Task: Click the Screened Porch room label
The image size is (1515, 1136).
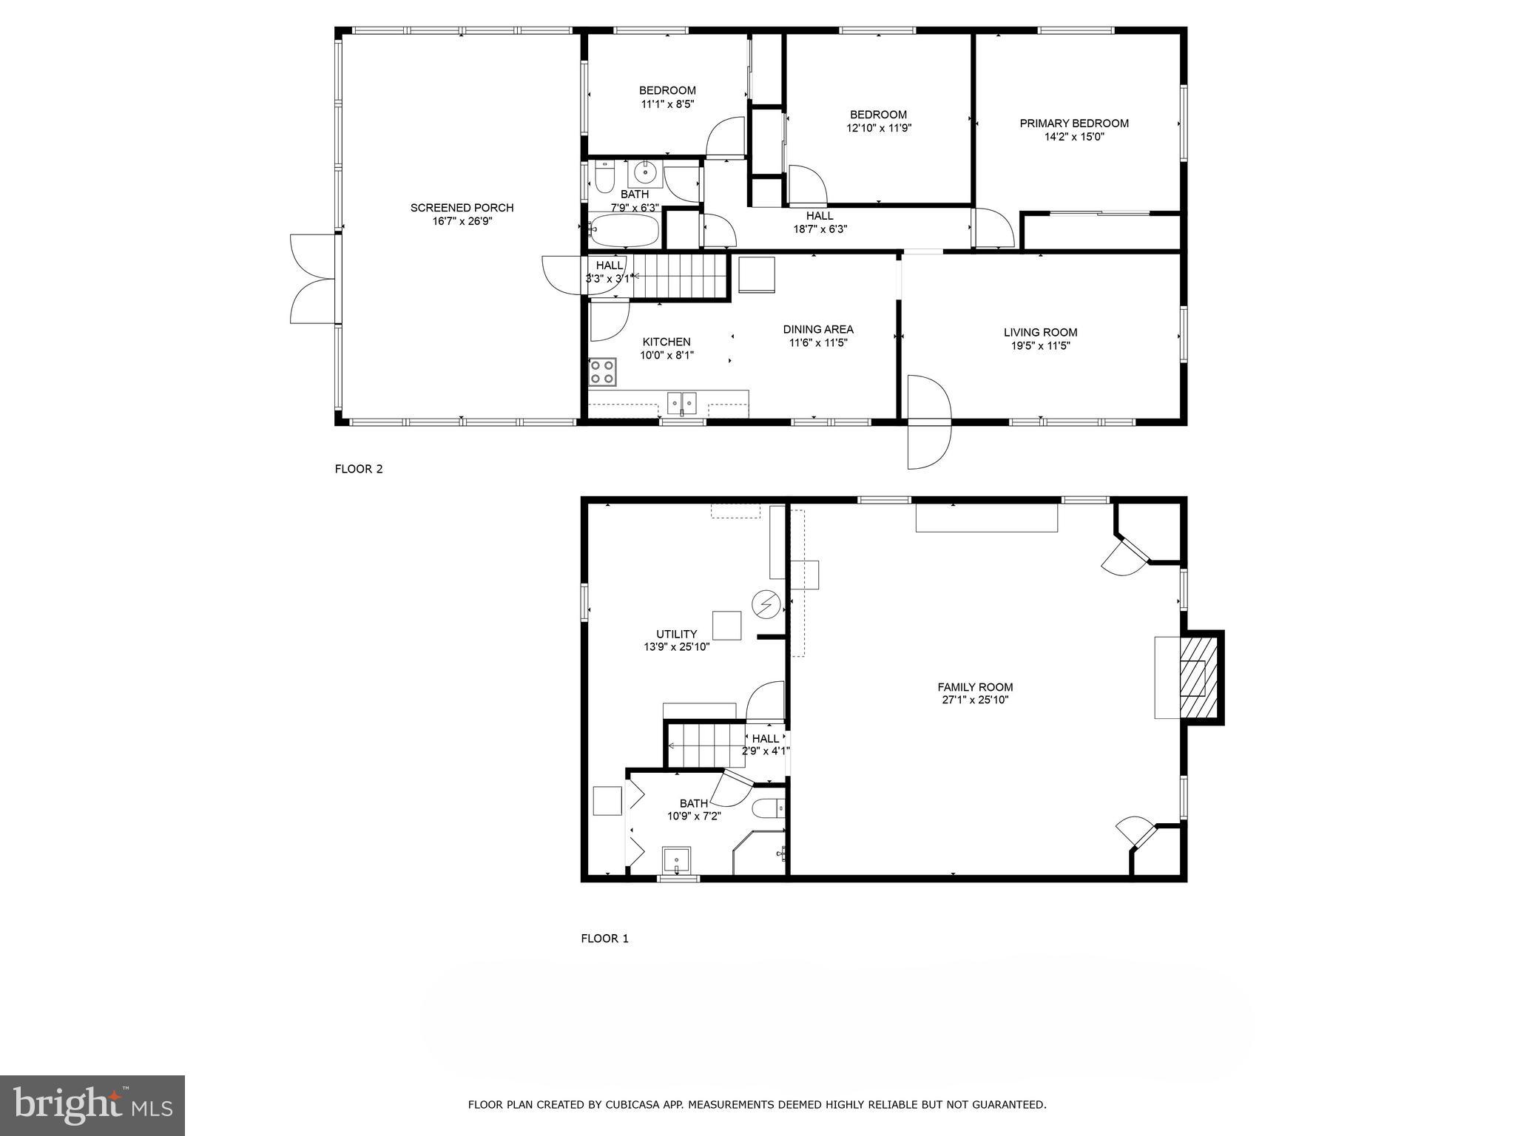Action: point(462,208)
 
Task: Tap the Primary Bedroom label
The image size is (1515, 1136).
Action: point(1073,124)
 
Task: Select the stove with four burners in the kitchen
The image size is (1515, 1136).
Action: point(603,371)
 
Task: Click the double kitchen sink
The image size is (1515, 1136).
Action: point(682,403)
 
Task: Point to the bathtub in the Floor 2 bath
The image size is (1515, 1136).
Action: point(624,231)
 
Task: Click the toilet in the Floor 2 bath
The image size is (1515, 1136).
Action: point(604,180)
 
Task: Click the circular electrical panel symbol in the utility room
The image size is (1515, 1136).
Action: point(766,605)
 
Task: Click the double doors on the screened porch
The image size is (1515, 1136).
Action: point(313,279)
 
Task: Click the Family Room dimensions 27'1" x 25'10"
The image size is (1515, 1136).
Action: point(974,700)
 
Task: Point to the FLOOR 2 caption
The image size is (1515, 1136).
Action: point(359,469)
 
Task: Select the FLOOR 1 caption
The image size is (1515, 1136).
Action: point(604,939)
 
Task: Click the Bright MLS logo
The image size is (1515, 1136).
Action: point(92,1105)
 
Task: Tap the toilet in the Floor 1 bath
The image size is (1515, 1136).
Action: point(767,809)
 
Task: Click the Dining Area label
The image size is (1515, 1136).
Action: point(817,329)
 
